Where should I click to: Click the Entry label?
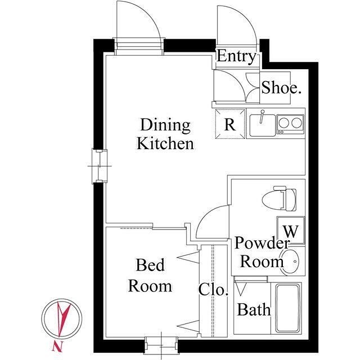coord(236,56)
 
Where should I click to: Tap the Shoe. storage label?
coord(281,88)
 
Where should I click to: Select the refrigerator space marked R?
coord(230,124)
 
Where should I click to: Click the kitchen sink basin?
coord(263,125)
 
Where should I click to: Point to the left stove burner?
coord(283,123)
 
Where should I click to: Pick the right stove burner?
coord(296,123)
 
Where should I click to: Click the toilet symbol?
coord(279,199)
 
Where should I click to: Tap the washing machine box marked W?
coord(291,230)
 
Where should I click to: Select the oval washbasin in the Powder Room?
coord(290,262)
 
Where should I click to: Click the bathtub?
coord(288,308)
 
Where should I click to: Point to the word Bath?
coord(254,309)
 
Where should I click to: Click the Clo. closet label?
coord(213,290)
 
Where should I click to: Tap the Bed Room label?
coord(150,275)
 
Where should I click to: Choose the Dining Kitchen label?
coord(165,134)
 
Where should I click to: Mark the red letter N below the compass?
coord(57,346)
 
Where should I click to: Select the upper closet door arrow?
coord(188,258)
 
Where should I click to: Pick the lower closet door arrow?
coord(188,326)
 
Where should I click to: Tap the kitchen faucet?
coord(262,116)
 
